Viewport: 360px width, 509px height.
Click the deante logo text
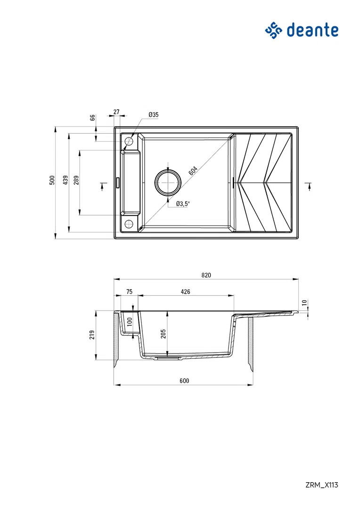pos(312,31)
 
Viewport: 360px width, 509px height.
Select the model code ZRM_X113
pos(321,485)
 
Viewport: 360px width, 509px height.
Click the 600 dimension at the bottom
pos(184,381)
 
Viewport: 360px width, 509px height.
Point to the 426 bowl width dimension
pos(185,292)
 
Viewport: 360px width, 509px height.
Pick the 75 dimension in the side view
pos(129,292)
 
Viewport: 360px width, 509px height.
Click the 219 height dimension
pos(92,334)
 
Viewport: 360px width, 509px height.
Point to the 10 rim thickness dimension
pos(304,303)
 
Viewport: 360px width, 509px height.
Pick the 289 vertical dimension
pos(76,180)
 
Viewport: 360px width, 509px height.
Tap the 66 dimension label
pos(93,117)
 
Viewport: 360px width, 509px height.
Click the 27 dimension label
pos(116,112)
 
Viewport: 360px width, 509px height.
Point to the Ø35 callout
pos(153,115)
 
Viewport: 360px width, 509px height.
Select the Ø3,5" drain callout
pos(182,204)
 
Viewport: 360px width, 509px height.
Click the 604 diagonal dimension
pos(193,170)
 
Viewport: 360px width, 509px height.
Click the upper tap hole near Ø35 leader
pos(128,141)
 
